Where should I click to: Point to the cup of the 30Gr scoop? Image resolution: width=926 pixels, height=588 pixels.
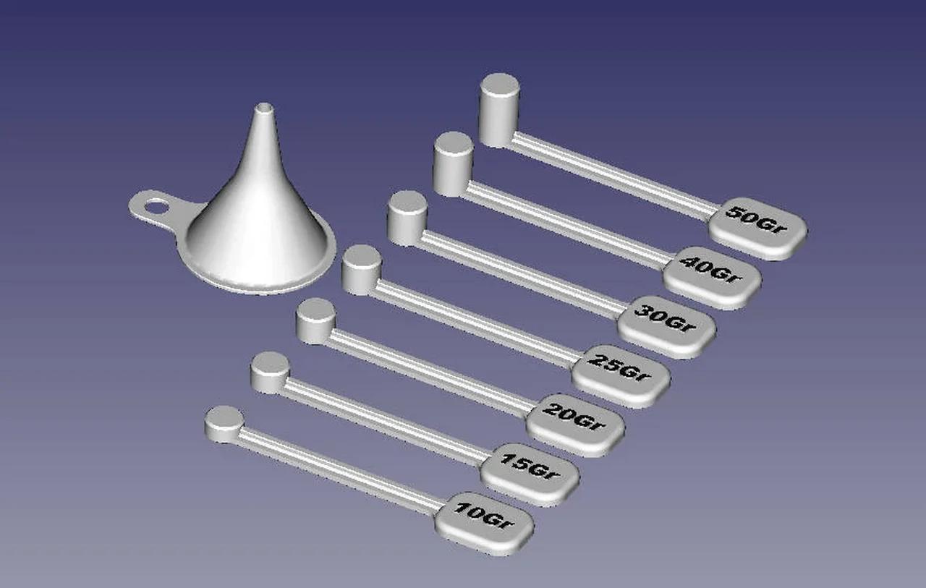407,219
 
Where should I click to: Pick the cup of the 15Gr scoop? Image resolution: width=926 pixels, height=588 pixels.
269,373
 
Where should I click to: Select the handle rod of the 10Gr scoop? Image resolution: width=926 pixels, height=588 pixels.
340,471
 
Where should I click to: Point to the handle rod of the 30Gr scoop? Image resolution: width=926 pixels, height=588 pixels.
521,275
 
